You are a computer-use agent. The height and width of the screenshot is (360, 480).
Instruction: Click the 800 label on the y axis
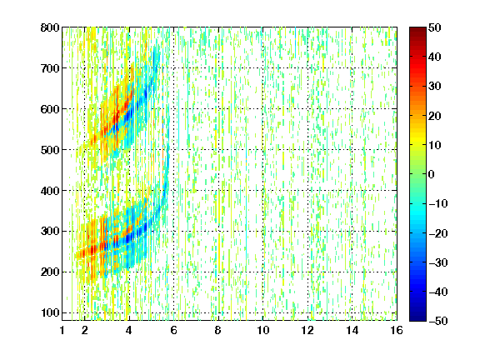tap(50, 27)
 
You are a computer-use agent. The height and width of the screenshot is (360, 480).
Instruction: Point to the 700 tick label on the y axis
tap(50, 68)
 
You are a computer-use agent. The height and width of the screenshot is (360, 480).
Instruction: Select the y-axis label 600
tap(50, 109)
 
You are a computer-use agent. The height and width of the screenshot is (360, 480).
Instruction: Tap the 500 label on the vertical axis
tap(50, 150)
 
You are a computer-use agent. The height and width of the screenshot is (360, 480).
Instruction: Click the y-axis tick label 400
tap(50, 191)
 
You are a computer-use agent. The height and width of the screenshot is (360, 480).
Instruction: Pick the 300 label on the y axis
tap(50, 231)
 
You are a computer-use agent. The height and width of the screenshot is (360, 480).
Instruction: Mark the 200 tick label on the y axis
tap(50, 272)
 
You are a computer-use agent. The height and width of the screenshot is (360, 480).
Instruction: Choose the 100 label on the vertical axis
tap(50, 312)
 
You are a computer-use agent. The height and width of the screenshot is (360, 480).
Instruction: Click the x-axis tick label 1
tap(62, 330)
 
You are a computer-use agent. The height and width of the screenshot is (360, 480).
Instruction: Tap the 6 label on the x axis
tap(174, 330)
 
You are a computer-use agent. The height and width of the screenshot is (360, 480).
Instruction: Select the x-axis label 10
tap(263, 330)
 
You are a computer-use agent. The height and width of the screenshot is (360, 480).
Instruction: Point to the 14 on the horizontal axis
tap(352, 330)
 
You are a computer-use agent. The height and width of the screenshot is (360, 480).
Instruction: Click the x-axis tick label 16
tap(397, 330)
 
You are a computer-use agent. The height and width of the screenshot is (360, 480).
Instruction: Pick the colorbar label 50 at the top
tap(434, 27)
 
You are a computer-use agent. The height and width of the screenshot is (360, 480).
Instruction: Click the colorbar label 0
tap(432, 174)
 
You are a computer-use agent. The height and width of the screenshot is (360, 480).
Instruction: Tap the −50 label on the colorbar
tap(438, 321)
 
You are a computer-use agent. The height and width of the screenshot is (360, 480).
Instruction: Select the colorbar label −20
tap(438, 233)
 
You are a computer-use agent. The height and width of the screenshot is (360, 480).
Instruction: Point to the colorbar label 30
tap(434, 86)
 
